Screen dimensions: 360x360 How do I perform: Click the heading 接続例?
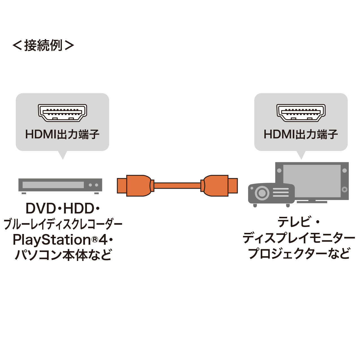43,45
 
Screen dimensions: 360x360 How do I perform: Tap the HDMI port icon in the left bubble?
62,113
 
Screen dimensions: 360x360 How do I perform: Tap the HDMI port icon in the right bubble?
301,113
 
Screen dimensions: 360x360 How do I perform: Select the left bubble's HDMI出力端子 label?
62,134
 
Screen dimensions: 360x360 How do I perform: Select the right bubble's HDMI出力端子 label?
301,134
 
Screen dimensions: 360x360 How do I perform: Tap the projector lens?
262,193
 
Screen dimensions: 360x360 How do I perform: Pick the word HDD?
79,209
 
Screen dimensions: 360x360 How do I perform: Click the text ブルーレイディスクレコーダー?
63,224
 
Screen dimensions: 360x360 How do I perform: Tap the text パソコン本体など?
63,255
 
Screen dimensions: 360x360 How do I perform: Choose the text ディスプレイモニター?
299,238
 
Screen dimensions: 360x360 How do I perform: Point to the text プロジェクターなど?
299,254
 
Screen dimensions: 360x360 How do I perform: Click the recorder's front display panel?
53,185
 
